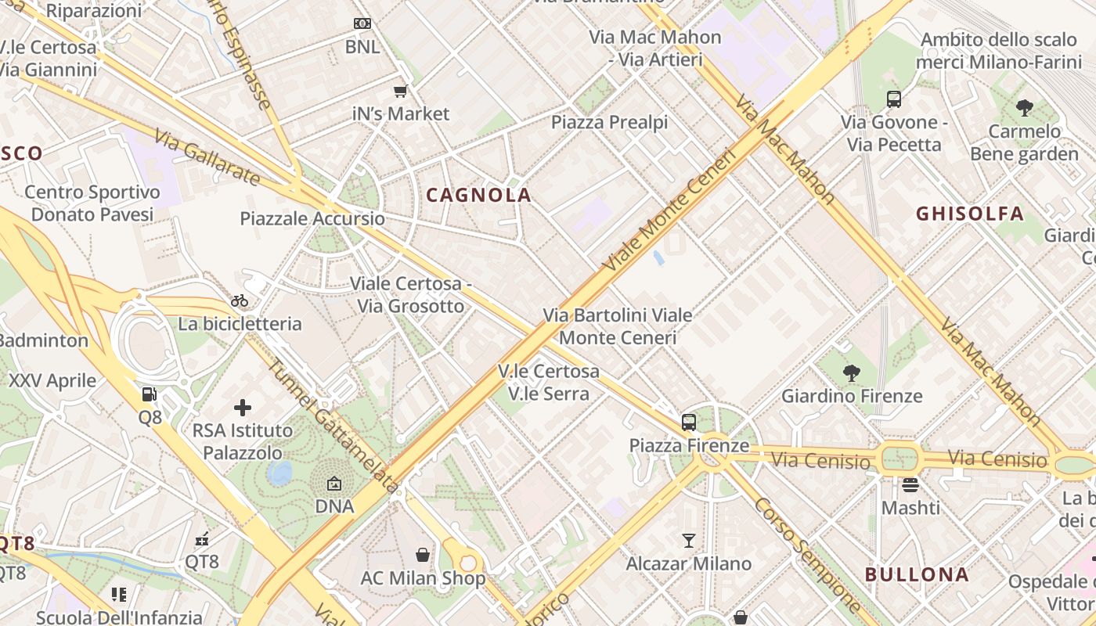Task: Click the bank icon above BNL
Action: coord(362,23)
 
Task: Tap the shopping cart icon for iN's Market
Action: coord(401,92)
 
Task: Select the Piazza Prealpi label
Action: coord(609,122)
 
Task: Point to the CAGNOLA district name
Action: coord(478,196)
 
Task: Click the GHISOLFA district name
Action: coord(970,214)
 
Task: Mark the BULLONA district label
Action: coord(917,574)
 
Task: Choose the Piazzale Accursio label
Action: coord(312,218)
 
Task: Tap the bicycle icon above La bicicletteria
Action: coord(240,300)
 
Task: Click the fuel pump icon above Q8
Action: coord(150,394)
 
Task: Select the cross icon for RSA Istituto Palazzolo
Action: coord(243,408)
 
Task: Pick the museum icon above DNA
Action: coord(334,484)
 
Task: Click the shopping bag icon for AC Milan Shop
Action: coord(423,555)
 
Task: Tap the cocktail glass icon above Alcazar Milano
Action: coord(688,540)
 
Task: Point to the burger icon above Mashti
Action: coord(910,485)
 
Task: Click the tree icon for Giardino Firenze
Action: coord(852,373)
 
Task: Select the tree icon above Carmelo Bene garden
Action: coord(1024,108)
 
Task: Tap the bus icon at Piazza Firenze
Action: coord(689,423)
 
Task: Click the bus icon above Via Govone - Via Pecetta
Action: coord(894,99)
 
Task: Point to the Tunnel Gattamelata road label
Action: coord(333,426)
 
